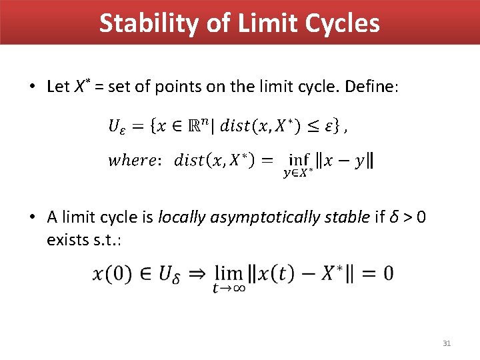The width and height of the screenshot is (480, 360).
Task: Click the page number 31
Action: (447, 343)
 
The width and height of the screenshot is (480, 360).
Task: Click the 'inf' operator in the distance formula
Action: (299, 161)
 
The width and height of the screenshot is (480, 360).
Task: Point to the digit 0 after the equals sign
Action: (387, 273)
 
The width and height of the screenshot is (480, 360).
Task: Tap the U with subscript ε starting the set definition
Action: (115, 126)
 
